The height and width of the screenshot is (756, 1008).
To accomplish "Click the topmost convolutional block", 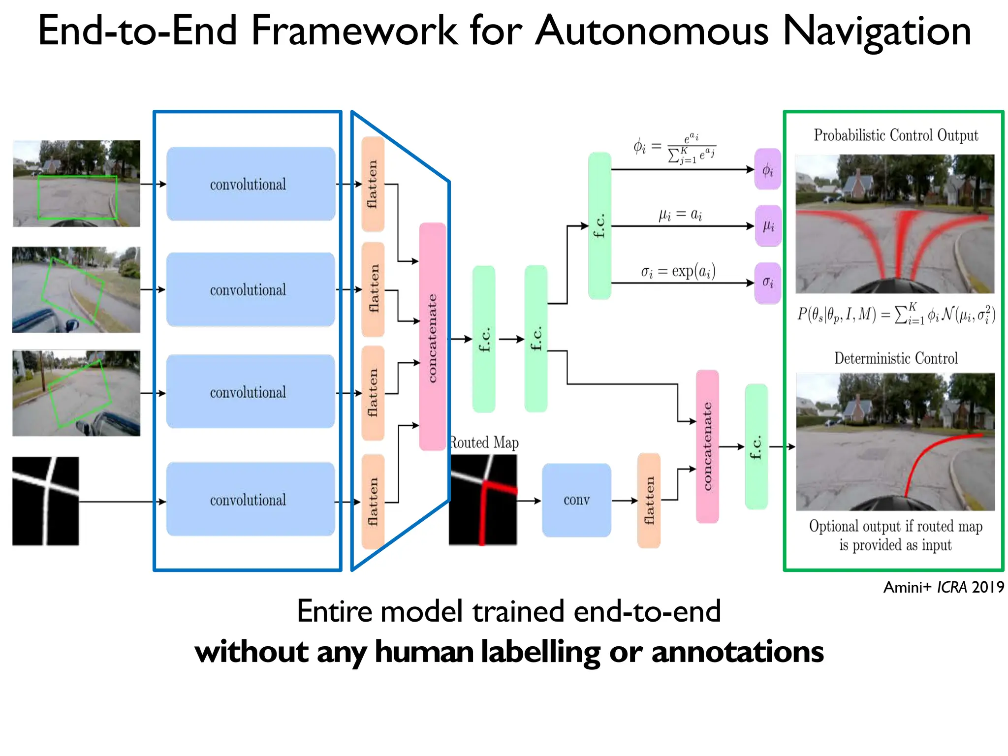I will point(251,184).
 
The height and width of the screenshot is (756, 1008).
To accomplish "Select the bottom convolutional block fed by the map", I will point(251,499).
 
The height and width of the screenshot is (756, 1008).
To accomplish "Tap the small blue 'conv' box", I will point(576,500).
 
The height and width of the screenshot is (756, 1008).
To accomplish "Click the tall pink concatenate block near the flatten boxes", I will point(432,337).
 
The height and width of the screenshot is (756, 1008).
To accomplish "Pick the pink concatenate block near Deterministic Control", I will point(707,446).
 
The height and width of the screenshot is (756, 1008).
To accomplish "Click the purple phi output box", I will point(767,169).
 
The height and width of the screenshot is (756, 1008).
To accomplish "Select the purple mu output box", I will point(768,226).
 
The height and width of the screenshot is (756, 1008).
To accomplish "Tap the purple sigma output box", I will point(767,283).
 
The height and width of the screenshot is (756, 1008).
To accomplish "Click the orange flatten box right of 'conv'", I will point(649,500).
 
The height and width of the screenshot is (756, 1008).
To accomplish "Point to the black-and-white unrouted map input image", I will point(45,501).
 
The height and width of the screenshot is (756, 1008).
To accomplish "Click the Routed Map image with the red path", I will point(483,500).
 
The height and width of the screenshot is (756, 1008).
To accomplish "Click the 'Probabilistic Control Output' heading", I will point(895,135).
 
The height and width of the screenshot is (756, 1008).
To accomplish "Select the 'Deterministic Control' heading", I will point(895,358).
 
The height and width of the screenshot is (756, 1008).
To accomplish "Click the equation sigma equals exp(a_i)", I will point(678,271).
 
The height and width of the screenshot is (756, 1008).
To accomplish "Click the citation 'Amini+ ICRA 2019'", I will point(943,587).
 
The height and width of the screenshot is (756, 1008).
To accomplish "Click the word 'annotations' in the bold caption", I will point(737,652).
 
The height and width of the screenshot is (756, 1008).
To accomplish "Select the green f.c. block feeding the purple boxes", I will point(599,225).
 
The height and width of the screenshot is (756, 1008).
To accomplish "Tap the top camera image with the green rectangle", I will point(76,184).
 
